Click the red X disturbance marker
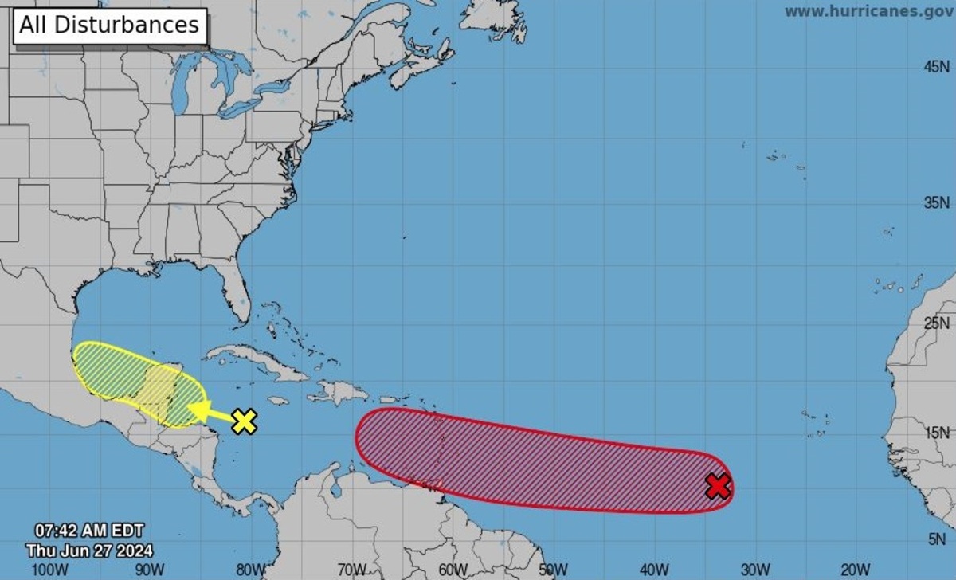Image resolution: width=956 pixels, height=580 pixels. (718, 485)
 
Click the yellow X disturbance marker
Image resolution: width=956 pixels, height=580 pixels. (245, 421)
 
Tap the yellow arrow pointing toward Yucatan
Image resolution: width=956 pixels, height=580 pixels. (209, 412)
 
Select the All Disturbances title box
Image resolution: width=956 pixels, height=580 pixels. (109, 25)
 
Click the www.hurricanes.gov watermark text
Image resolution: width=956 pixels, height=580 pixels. (868, 11)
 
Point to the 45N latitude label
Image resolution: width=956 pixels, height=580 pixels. (937, 68)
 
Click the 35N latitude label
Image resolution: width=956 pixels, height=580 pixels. (937, 202)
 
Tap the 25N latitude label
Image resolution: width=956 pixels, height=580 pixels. (937, 323)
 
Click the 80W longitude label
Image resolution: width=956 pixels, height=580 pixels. (251, 570)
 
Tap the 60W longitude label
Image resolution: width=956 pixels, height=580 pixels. (452, 570)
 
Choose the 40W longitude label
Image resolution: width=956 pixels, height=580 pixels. (653, 570)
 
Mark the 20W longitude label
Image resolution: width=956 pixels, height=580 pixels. (854, 570)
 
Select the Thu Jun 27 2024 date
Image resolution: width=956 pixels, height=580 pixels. (89, 550)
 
